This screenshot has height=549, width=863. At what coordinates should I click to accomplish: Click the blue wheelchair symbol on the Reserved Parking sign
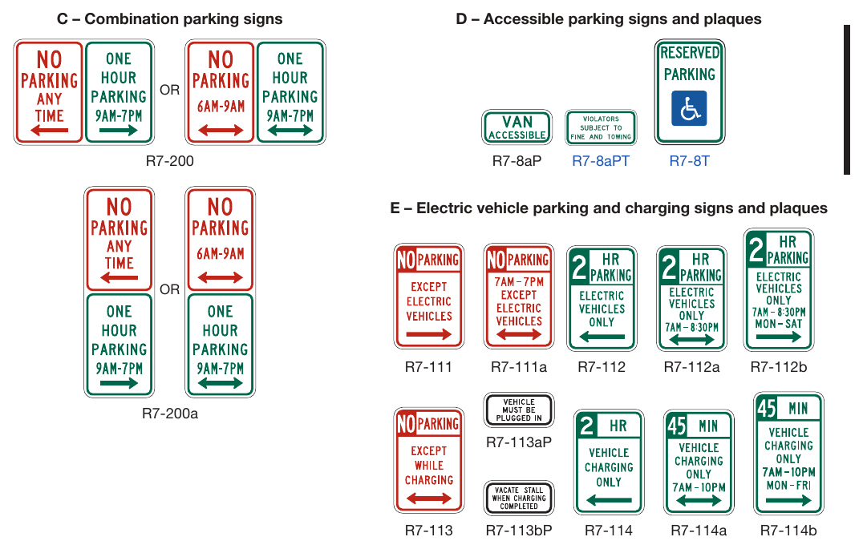coord(689,108)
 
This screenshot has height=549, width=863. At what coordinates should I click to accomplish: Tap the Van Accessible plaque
coord(517,127)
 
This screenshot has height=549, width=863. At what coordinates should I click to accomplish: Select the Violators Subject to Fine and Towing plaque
coord(601,127)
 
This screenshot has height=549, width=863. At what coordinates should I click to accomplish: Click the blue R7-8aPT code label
coord(601,161)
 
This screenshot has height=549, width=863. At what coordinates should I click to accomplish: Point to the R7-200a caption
coord(170,413)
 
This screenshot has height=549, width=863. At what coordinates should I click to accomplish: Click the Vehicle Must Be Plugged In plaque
coord(518,410)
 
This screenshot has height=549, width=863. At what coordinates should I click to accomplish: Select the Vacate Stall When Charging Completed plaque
coord(518,498)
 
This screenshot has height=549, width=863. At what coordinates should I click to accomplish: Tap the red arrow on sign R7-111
coord(429,334)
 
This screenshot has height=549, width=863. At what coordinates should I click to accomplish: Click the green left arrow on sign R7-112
coord(602,337)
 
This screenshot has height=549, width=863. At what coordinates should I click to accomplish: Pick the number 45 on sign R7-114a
coord(677,426)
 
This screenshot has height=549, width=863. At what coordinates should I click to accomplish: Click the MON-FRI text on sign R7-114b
coord(788,485)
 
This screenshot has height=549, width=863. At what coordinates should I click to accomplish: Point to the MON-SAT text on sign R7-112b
coord(779,324)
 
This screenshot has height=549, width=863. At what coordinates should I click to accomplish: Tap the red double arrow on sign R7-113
coord(429,499)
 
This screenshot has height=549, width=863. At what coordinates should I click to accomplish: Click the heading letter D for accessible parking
coord(461,19)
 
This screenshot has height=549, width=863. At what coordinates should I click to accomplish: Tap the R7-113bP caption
coord(518,531)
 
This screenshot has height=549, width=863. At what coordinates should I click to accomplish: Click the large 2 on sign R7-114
coord(587,426)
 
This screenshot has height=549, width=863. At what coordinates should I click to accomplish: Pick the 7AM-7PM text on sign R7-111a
coord(519,281)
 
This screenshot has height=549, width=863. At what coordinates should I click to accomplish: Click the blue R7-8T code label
coord(689,161)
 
